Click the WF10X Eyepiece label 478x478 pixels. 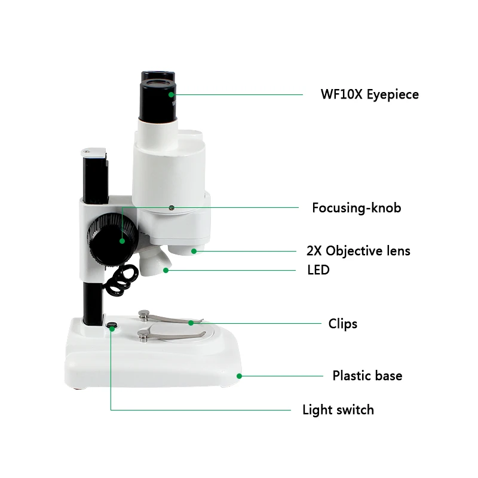click(369, 94)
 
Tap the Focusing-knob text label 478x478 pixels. click(356, 208)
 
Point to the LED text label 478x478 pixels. click(318, 270)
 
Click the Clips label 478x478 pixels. click(343, 324)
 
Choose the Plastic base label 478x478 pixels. click(367, 376)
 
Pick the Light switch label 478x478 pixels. click(338, 410)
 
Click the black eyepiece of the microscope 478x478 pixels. click(158, 96)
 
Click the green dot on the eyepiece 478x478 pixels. click(171, 94)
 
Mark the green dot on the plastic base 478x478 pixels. click(239, 376)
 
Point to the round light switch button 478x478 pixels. click(111, 326)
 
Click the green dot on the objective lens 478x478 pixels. click(194, 251)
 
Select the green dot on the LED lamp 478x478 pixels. click(166, 270)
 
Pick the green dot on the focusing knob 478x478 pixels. click(122, 241)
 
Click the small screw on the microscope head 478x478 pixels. click(171, 208)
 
